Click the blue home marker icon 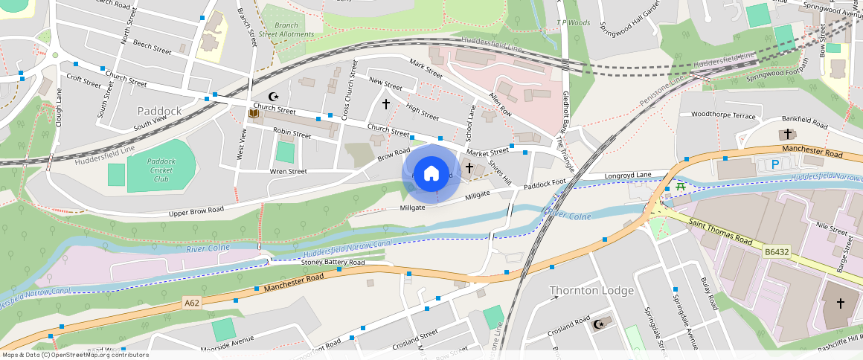tap(431, 174)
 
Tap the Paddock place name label tap(159, 111)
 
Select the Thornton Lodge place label tap(591, 290)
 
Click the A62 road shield tap(192, 303)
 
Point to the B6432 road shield tap(775, 253)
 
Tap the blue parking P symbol tap(775, 164)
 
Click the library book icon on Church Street tap(253, 114)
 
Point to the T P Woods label tap(574, 23)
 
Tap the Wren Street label tap(288, 171)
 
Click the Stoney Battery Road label tap(333, 263)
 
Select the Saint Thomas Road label tap(721, 231)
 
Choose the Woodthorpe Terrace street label tap(723, 115)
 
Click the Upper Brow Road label tap(196, 210)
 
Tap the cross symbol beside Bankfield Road tap(787, 134)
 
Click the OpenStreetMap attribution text tap(74, 355)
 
